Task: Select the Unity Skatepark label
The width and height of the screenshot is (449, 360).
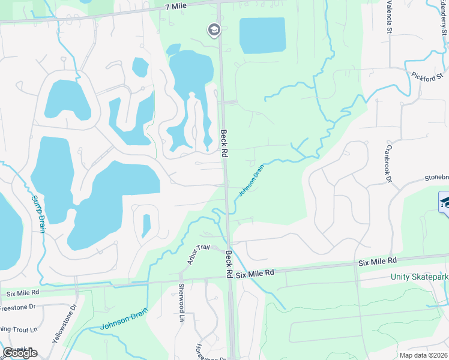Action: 420,277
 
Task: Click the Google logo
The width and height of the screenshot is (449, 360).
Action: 20,352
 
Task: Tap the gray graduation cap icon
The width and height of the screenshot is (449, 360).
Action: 214,29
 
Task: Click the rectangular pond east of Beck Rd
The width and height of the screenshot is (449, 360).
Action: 262,35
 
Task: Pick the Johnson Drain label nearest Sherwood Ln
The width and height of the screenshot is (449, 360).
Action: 122,322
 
